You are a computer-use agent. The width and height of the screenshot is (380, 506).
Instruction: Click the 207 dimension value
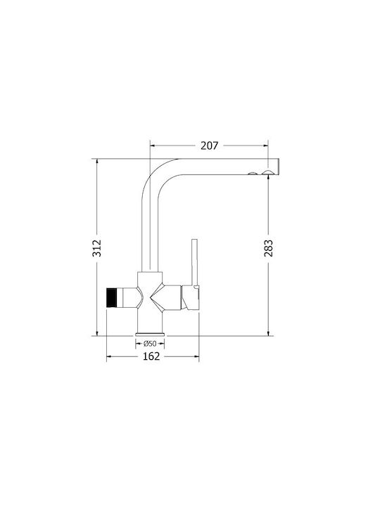tap(210, 145)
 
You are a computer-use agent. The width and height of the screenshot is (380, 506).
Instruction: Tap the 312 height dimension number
tap(97, 248)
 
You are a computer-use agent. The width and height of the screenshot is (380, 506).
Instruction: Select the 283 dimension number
tap(269, 248)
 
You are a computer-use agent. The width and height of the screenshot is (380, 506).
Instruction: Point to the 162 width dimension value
tap(151, 356)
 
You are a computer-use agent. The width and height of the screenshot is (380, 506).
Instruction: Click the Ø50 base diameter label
tap(150, 344)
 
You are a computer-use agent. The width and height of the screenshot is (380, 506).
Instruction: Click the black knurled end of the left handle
tap(111, 297)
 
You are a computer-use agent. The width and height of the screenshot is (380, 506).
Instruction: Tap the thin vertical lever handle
tap(194, 262)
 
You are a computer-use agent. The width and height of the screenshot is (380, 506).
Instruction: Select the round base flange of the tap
tap(150, 334)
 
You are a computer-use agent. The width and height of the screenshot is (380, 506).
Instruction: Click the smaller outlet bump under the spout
tap(253, 174)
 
